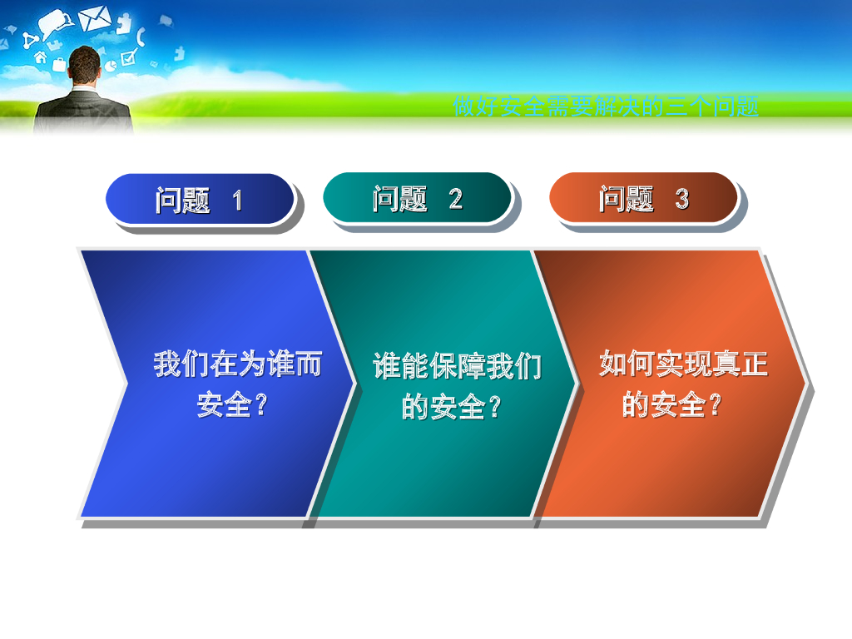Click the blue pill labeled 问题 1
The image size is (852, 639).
tap(200, 199)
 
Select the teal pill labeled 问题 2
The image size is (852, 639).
tap(418, 198)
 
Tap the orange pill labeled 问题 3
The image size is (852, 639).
tap(643, 198)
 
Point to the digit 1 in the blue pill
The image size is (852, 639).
tap(237, 200)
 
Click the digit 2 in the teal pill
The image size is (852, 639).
tap(455, 199)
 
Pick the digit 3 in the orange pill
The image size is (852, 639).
tap(682, 199)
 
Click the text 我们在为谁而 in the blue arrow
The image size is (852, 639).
tap(237, 364)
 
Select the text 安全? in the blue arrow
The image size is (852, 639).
tap(232, 404)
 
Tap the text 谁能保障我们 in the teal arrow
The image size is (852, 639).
tap(457, 366)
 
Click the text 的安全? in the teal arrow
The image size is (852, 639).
tap(451, 406)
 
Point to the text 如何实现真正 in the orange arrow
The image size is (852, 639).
tap(683, 363)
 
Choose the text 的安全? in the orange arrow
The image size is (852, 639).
tap(671, 404)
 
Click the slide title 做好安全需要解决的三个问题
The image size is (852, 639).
tap(606, 106)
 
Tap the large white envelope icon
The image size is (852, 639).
tap(95, 18)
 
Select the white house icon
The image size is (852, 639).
tap(41, 57)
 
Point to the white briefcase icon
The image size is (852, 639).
tap(59, 65)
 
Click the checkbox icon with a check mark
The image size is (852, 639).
tap(129, 57)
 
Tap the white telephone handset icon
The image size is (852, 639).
tap(141, 36)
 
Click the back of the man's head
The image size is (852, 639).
tap(85, 64)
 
